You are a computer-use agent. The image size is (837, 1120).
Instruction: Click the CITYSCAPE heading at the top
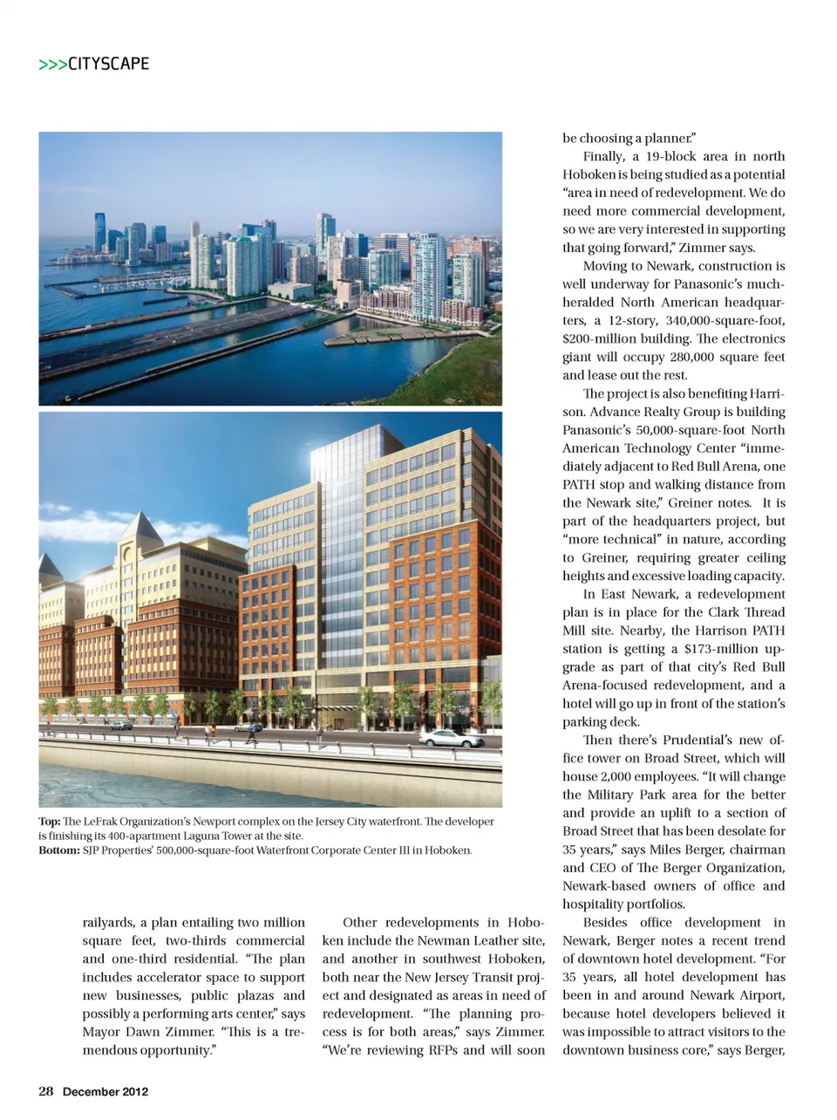[108, 64]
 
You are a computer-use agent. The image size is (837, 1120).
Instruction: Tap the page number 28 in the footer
[46, 1091]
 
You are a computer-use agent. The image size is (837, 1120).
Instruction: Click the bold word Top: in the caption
[49, 822]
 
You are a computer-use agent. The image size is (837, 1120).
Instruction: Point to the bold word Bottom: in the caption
[58, 850]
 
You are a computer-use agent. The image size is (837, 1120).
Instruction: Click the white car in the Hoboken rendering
[451, 738]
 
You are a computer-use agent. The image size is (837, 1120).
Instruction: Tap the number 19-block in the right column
[664, 156]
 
